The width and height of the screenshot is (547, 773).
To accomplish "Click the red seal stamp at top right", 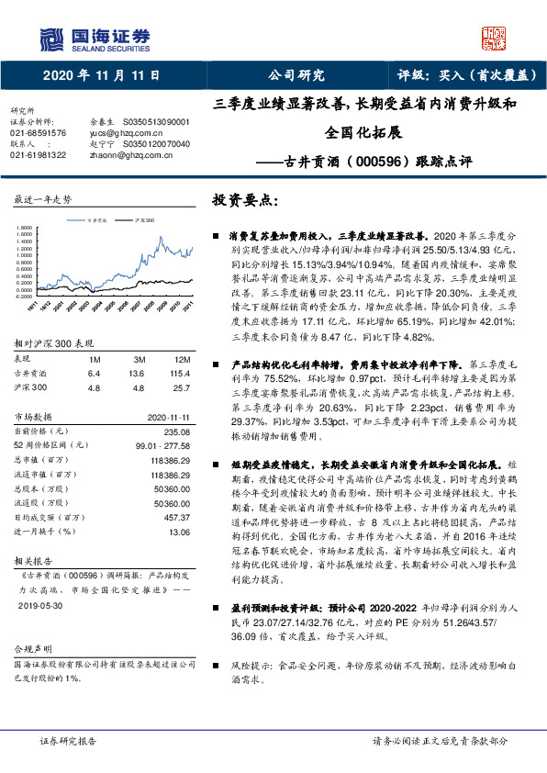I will point(495,37).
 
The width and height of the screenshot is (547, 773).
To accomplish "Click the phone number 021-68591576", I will point(39,132).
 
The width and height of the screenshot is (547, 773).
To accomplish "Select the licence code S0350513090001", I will point(156,121).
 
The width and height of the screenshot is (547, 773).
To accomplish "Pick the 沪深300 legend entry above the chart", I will point(142,221).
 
